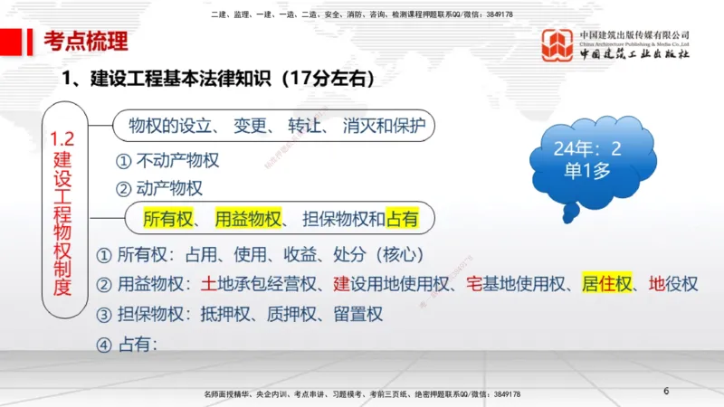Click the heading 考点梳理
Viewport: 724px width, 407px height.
(x=86, y=41)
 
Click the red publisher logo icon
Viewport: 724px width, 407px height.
(x=557, y=45)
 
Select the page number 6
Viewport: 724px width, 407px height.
(x=666, y=391)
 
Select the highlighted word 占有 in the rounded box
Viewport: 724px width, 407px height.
(x=402, y=218)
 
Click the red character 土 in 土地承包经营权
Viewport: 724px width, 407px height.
(x=210, y=284)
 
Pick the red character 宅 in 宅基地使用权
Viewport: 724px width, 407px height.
(x=474, y=284)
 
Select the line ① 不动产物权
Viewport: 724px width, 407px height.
(x=167, y=161)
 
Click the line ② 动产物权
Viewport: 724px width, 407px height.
(x=158, y=188)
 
